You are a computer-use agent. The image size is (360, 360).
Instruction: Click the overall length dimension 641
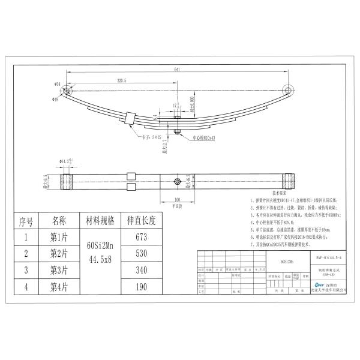tap(178, 70)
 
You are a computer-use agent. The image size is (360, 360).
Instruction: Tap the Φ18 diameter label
tap(56, 99)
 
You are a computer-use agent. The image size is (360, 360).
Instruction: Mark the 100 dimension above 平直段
tap(176, 199)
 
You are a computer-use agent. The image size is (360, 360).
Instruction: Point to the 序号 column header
tap(26, 220)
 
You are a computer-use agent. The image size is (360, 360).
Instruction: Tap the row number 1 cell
tap(26, 236)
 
